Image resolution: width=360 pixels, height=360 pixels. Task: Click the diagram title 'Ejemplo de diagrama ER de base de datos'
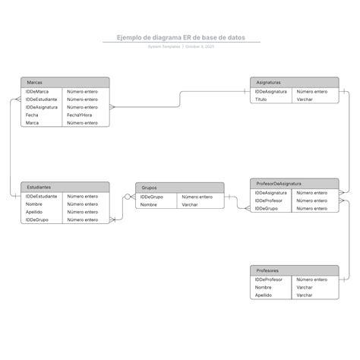click(x=180, y=36)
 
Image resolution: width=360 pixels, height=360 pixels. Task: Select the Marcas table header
click(x=65, y=82)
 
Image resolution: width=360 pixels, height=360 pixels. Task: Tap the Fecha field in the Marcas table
click(x=32, y=115)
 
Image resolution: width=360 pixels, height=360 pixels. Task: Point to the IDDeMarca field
click(x=37, y=91)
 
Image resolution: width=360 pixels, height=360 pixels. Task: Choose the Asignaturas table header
click(x=294, y=82)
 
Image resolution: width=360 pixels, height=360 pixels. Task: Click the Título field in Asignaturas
click(x=261, y=99)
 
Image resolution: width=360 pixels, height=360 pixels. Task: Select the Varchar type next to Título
click(x=305, y=99)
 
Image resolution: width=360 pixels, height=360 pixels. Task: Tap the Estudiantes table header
click(x=65, y=187)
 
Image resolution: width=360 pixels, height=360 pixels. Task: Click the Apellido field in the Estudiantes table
click(x=34, y=212)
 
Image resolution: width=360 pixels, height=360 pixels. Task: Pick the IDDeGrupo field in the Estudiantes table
click(x=37, y=219)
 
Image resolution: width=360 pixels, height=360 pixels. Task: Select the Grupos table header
click(x=179, y=187)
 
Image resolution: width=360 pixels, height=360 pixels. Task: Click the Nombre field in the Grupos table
click(x=149, y=204)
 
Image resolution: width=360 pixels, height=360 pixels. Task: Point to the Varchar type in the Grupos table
click(x=190, y=204)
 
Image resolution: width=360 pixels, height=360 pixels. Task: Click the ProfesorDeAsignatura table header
click(x=294, y=184)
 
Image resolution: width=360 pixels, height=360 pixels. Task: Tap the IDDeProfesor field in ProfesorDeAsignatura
click(x=269, y=201)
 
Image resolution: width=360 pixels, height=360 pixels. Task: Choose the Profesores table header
click(x=294, y=270)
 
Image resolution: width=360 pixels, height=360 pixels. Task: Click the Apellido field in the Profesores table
click(x=264, y=295)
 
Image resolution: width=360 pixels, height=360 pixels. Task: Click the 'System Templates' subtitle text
click(x=164, y=46)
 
